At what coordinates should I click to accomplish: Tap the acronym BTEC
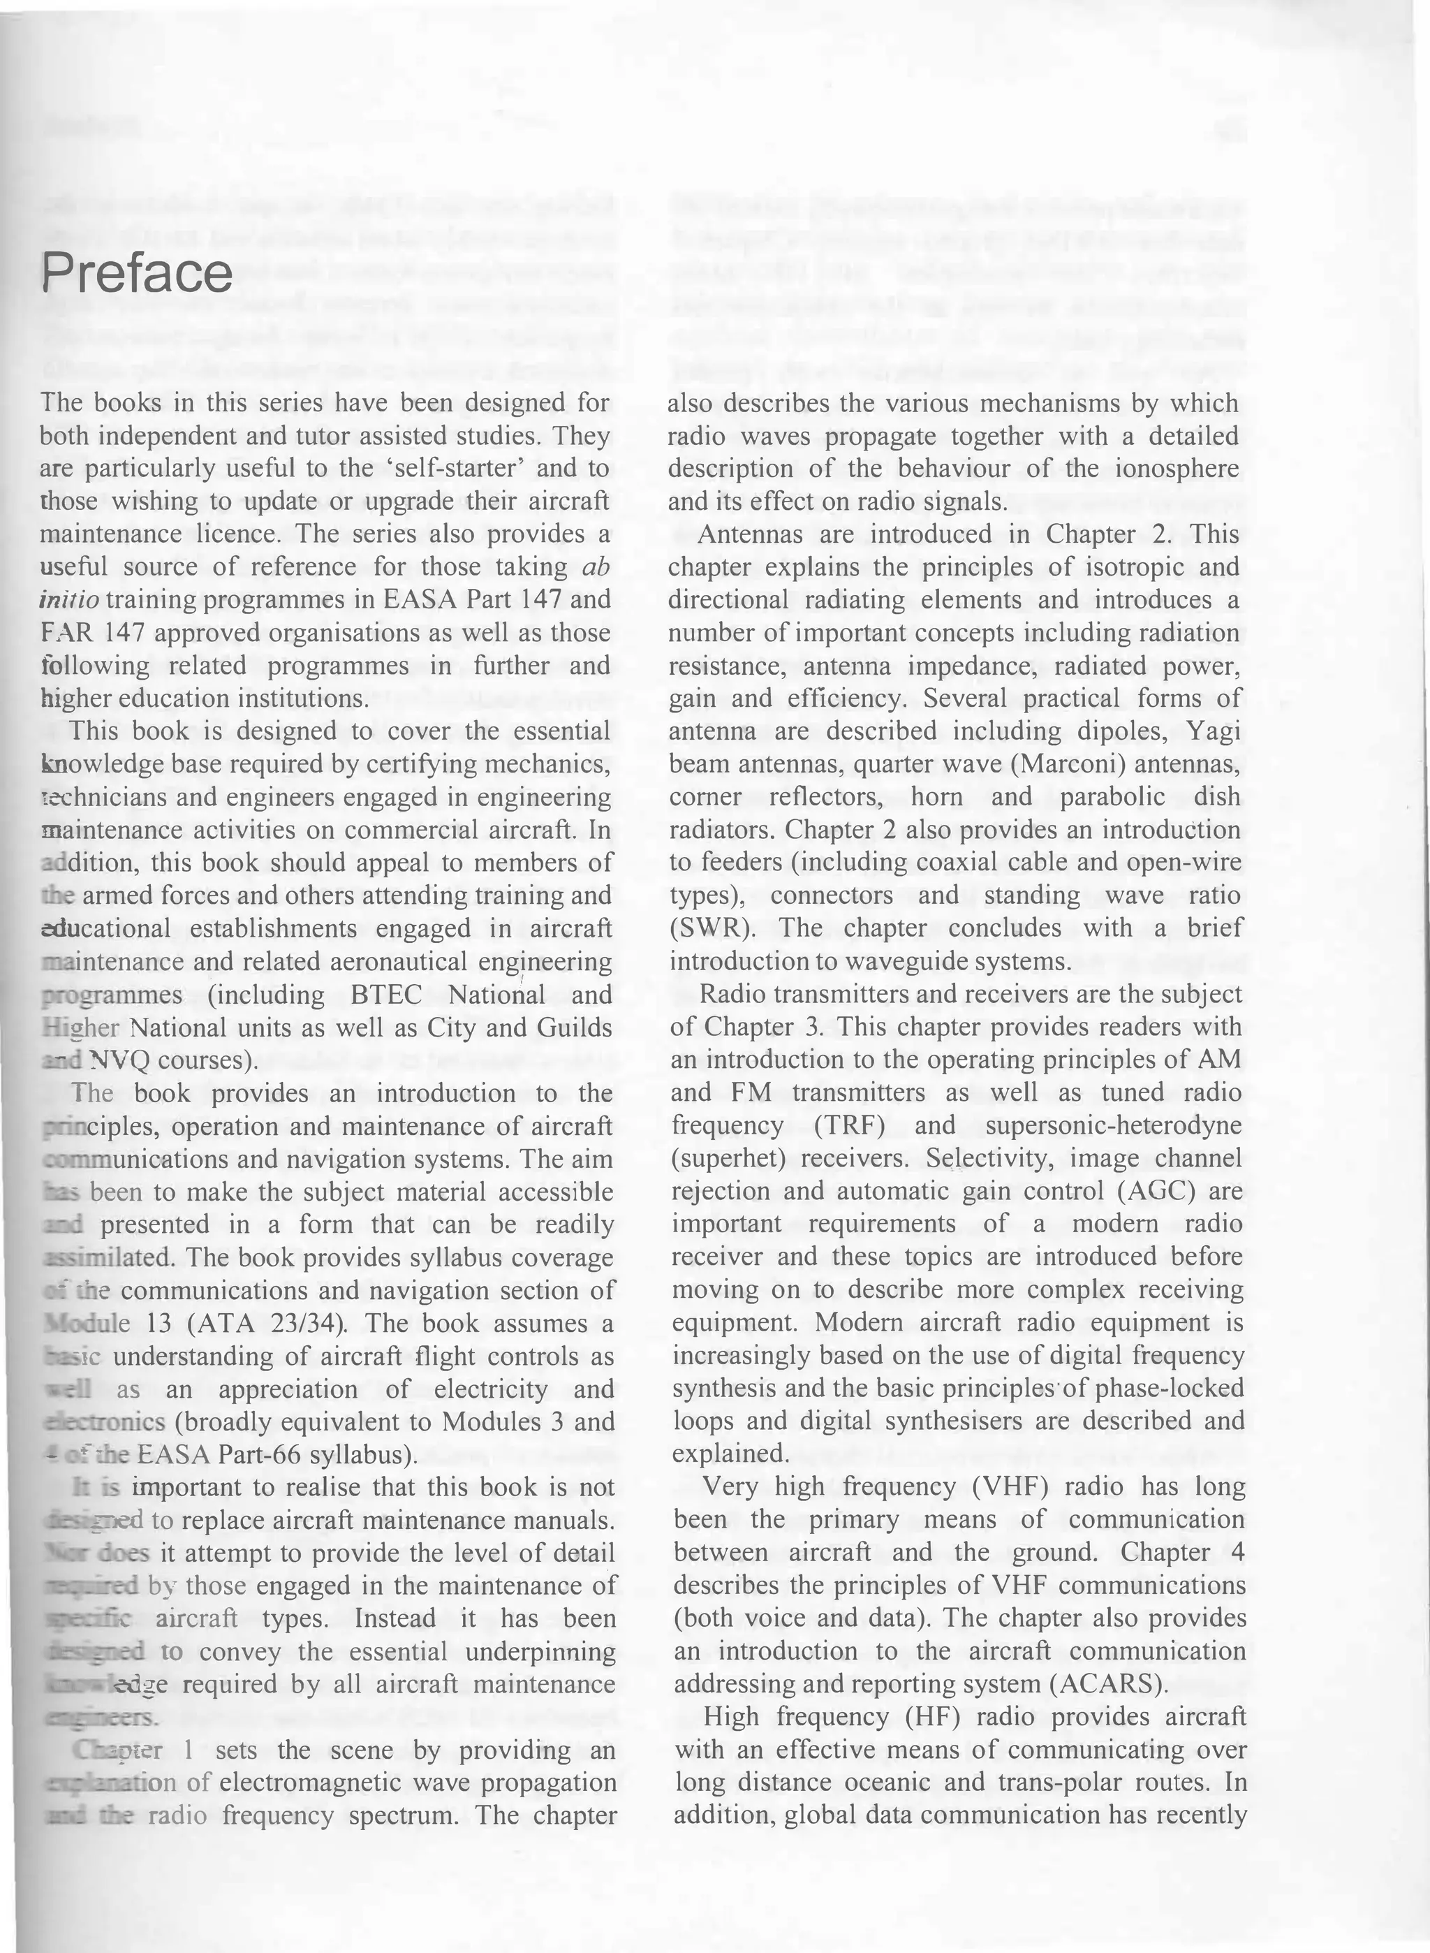click(386, 995)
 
